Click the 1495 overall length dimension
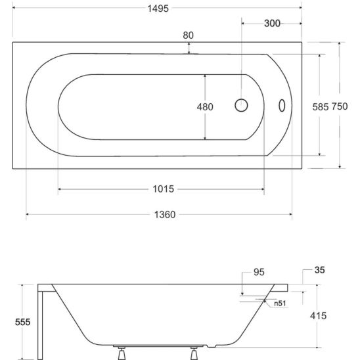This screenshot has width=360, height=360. pyautogui.click(x=158, y=9)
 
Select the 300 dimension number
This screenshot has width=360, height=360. pyautogui.click(x=272, y=24)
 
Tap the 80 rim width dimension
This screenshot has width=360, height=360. pyautogui.click(x=189, y=35)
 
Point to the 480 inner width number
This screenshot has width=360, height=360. pyautogui.click(x=205, y=107)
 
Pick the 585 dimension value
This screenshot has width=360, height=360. pyautogui.click(x=321, y=107)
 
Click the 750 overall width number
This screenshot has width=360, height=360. pyautogui.click(x=340, y=106)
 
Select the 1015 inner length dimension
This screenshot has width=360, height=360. pyautogui.click(x=164, y=189)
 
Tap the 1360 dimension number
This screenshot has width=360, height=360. pyautogui.click(x=165, y=215)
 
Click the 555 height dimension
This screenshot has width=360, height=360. pyautogui.click(x=23, y=322)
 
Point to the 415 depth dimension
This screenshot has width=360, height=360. pyautogui.click(x=318, y=316)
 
